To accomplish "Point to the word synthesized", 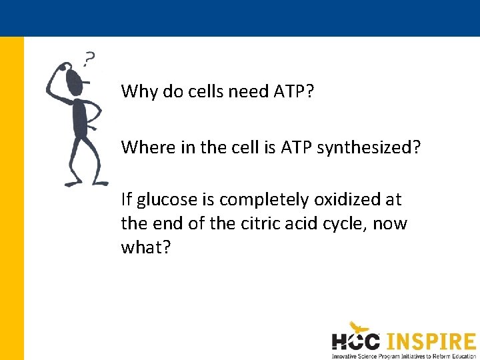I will pyautogui.click(x=369, y=147).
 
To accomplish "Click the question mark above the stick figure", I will pyautogui.click(x=89, y=59).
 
